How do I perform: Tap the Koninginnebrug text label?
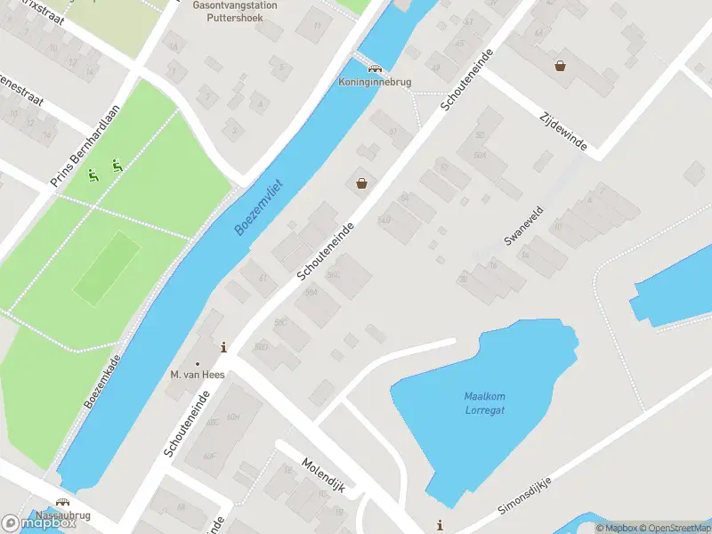(x=375, y=82)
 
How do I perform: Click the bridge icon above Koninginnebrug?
(x=375, y=69)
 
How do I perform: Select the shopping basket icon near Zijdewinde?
(x=561, y=65)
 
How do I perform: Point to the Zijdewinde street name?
(x=563, y=130)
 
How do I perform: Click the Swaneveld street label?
(x=523, y=226)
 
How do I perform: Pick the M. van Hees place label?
(x=198, y=375)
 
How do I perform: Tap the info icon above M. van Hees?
(x=222, y=347)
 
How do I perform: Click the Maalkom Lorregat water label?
(x=484, y=403)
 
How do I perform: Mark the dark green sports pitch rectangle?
(x=106, y=268)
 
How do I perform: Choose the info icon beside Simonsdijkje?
(x=439, y=524)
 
